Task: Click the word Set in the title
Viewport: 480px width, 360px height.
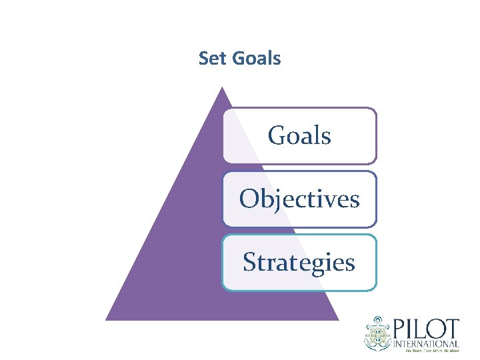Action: click(x=213, y=59)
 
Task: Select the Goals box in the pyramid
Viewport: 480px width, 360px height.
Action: click(x=299, y=136)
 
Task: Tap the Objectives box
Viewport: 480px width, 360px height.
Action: click(x=299, y=199)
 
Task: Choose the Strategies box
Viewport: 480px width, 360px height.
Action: click(x=299, y=262)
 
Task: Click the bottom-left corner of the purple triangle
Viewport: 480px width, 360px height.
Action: click(x=107, y=320)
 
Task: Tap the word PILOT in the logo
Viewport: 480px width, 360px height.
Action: click(x=427, y=329)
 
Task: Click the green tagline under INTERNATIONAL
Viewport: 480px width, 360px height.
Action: click(x=427, y=349)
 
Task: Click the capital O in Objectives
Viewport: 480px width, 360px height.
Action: click(x=250, y=199)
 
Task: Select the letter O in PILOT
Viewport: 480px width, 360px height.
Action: click(x=439, y=329)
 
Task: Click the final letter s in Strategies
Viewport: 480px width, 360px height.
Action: click(x=350, y=263)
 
